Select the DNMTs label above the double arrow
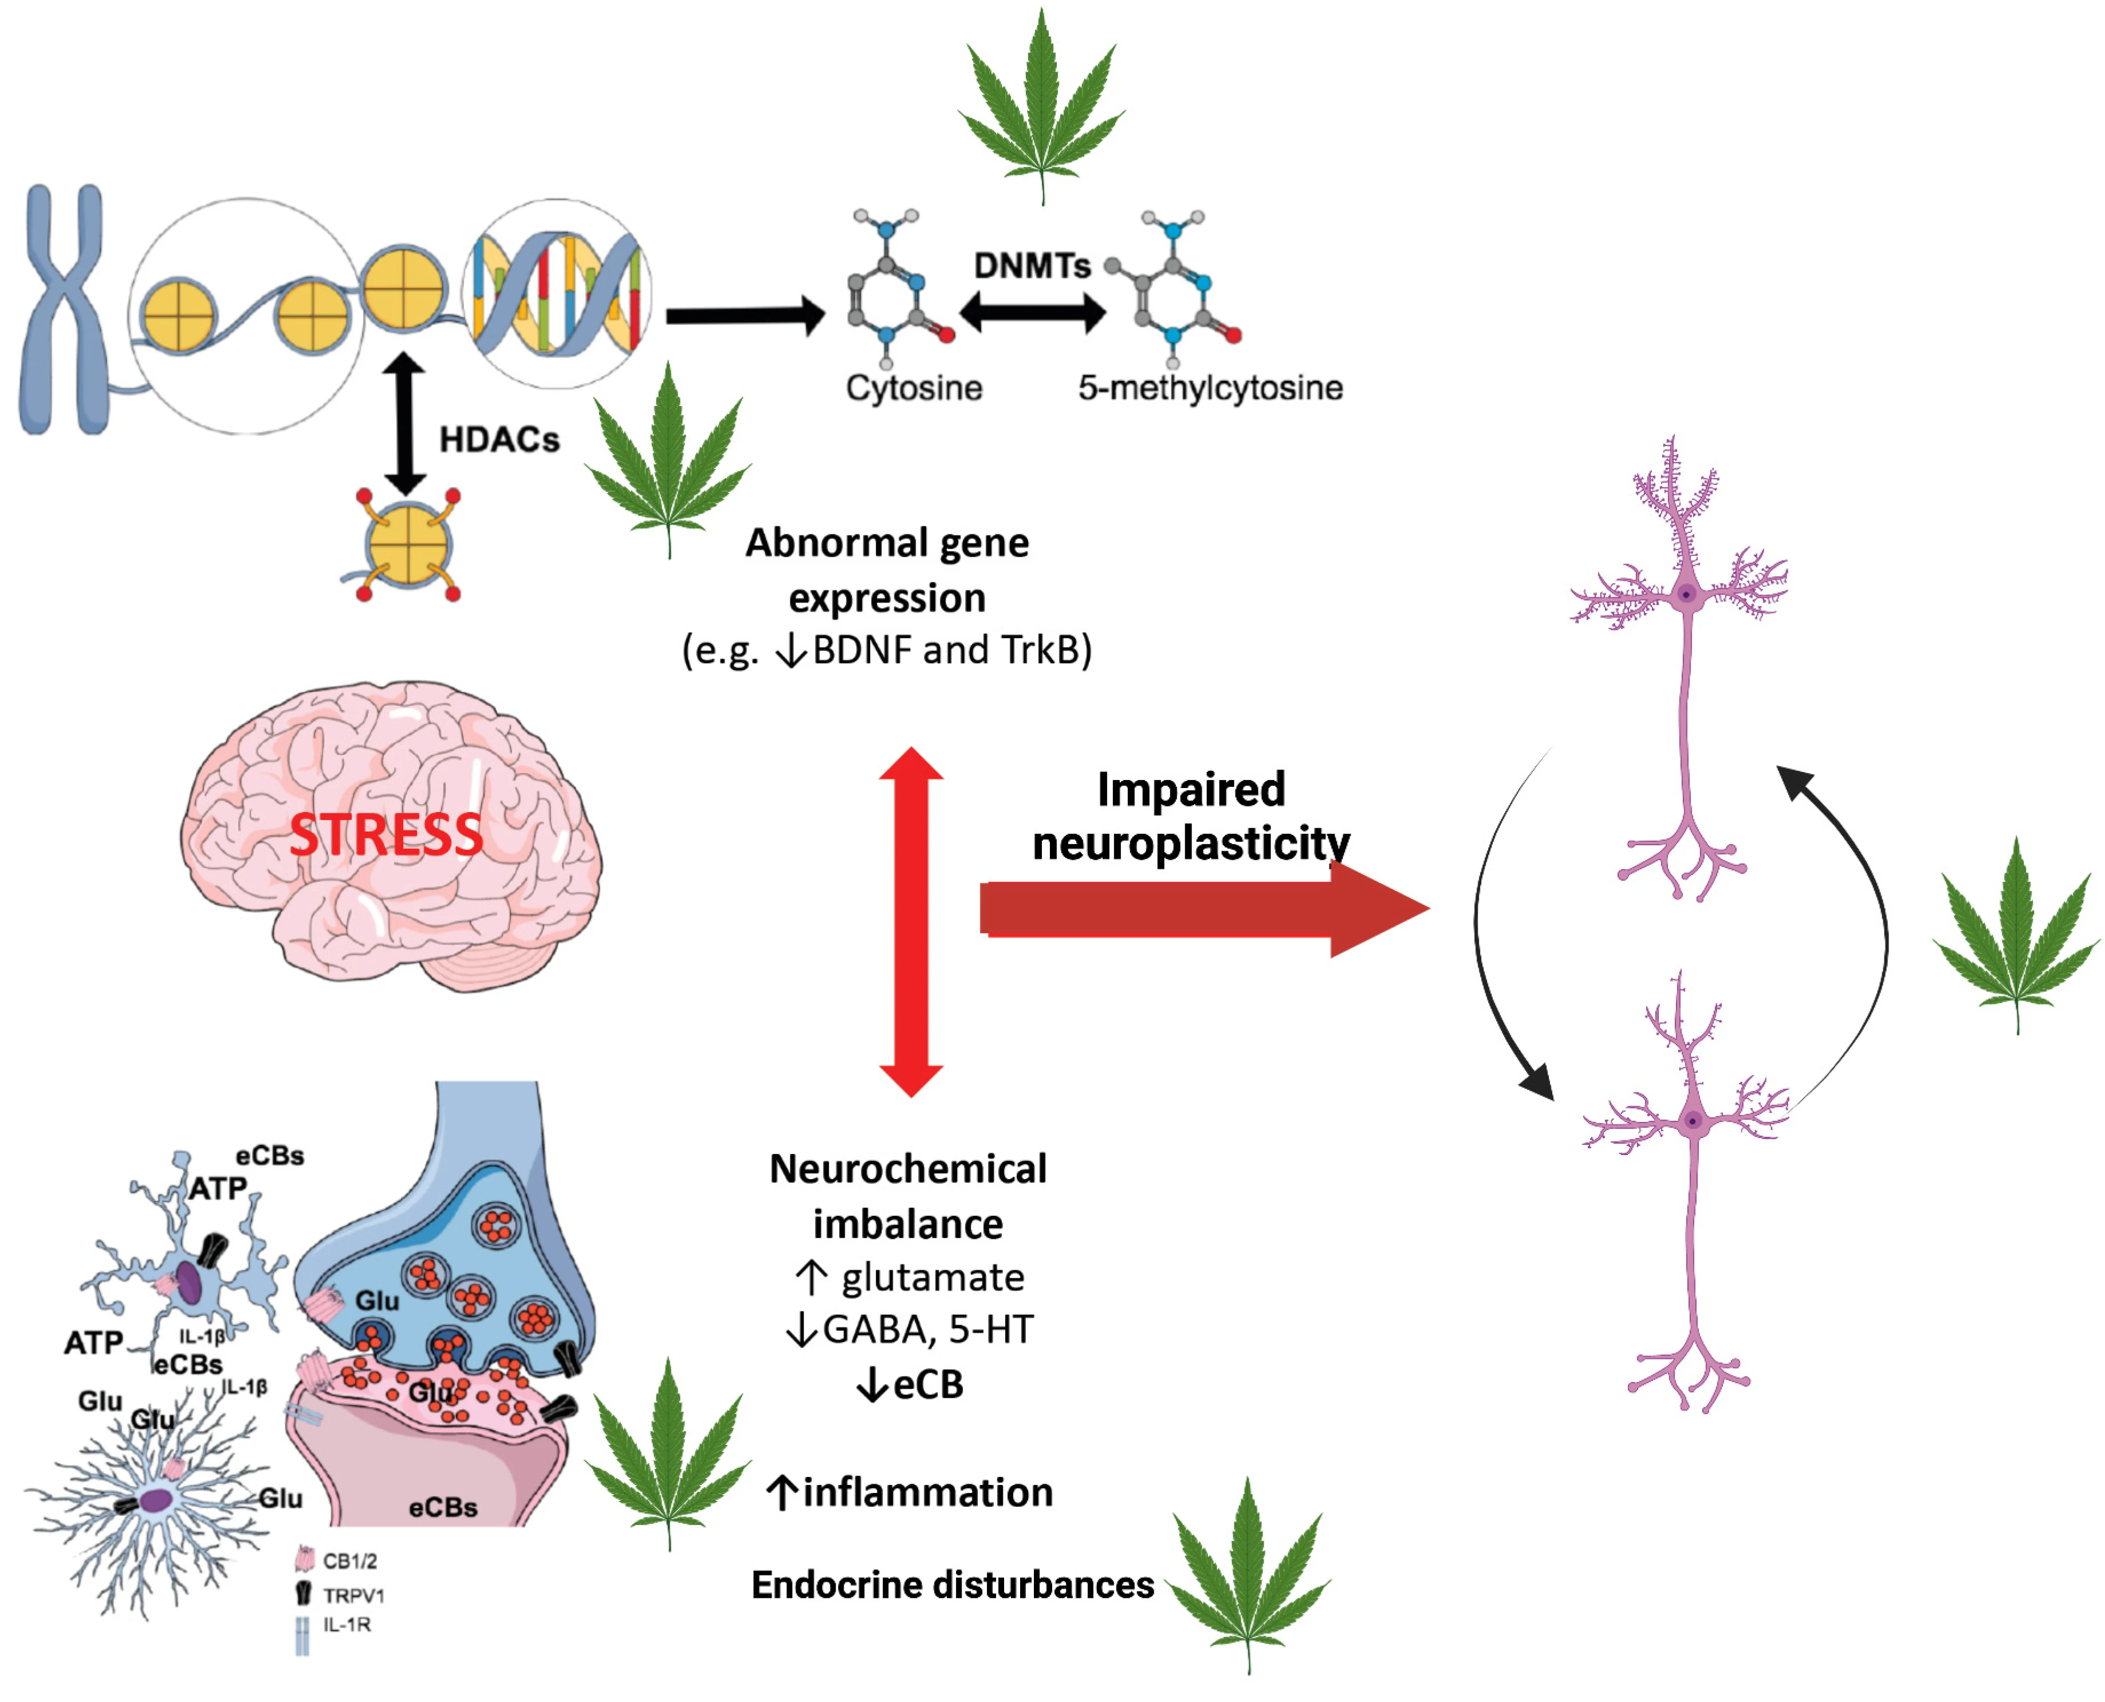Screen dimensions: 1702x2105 click(1032, 266)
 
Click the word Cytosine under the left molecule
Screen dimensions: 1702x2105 click(914, 388)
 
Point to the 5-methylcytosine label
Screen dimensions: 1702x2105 click(1210, 388)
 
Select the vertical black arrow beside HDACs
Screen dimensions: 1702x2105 click(404, 424)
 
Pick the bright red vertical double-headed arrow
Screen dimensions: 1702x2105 click(911, 921)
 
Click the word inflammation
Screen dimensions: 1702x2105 click(927, 1492)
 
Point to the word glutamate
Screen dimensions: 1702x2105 click(931, 1278)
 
